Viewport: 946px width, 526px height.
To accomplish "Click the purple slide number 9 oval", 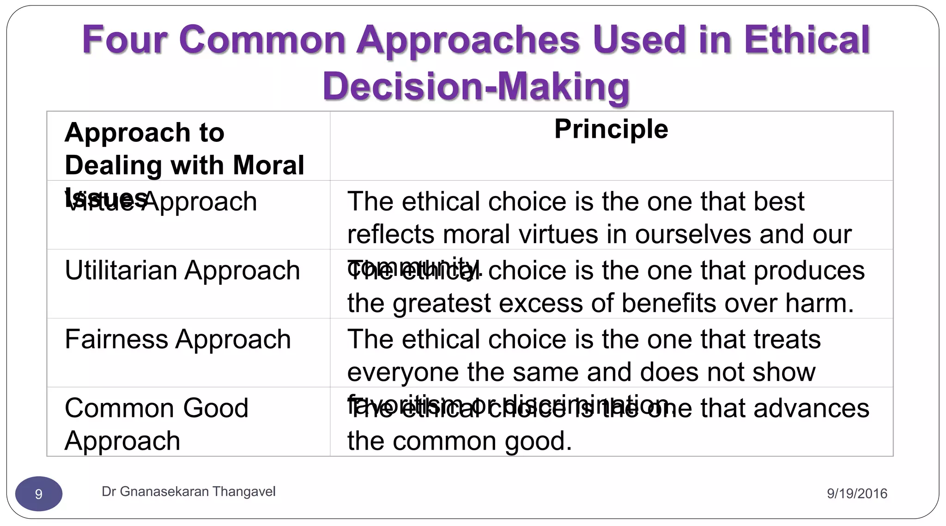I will (39, 494).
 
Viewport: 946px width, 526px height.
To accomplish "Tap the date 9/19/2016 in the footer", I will (857, 494).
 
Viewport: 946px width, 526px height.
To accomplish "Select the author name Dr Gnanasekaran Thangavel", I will (188, 491).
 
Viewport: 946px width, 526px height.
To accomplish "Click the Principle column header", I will (611, 129).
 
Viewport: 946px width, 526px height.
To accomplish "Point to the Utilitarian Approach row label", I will (182, 270).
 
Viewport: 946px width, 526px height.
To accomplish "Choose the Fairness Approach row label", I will (178, 339).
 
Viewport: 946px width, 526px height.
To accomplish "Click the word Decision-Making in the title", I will (476, 86).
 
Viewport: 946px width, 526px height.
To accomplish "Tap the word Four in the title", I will (124, 40).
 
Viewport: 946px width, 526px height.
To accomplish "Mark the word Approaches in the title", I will (468, 40).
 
